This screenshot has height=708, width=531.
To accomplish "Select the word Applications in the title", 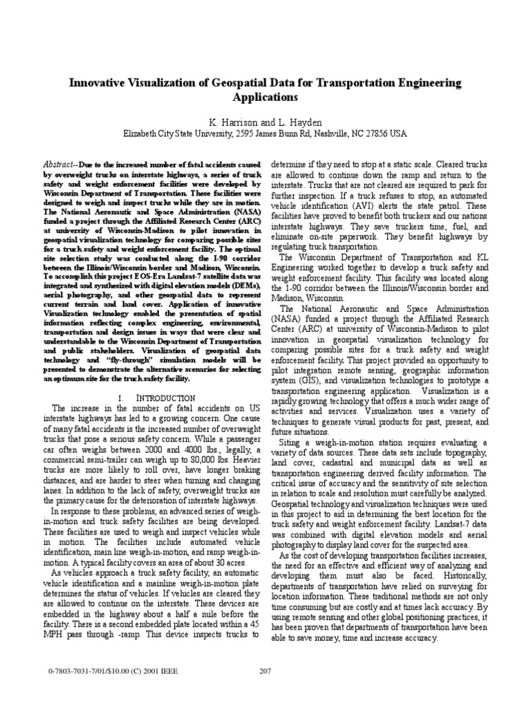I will point(266,97).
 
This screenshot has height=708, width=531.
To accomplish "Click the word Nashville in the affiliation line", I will point(329,133).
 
